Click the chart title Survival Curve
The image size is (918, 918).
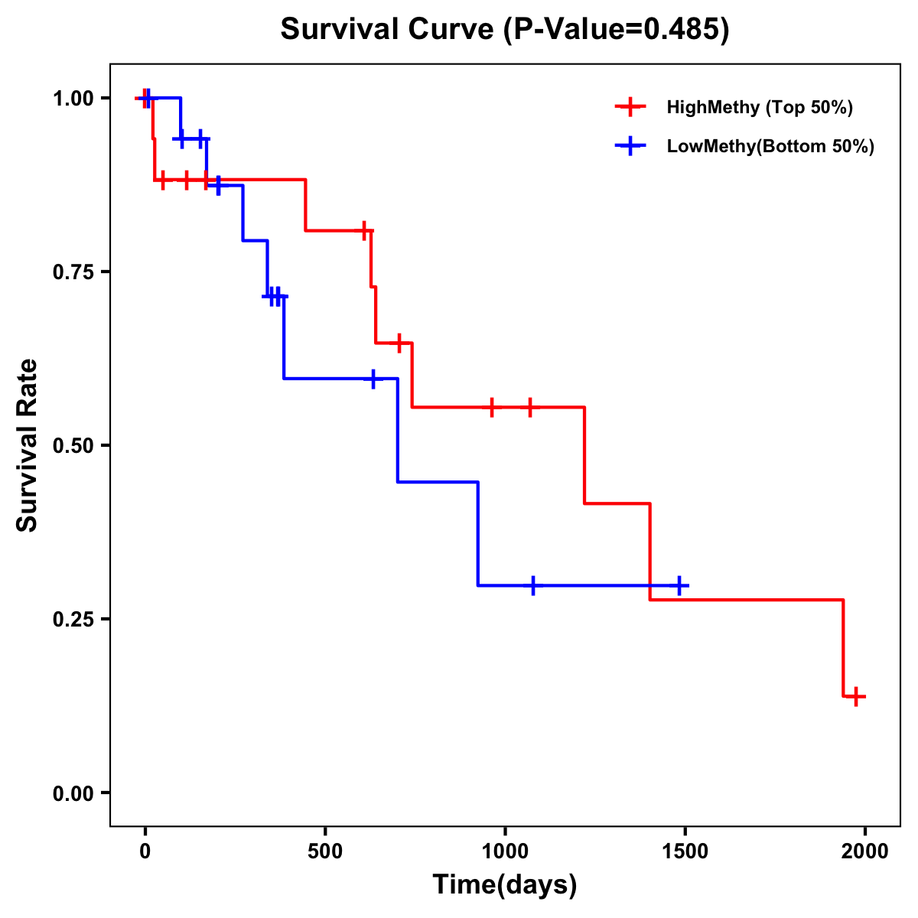(387, 30)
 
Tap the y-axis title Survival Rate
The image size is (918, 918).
(28, 445)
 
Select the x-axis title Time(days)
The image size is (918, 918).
(505, 884)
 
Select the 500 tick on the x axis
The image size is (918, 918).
(325, 851)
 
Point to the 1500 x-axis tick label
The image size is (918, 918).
(685, 851)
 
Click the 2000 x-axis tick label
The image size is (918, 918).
(864, 851)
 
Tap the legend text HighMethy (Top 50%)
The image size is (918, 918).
(760, 107)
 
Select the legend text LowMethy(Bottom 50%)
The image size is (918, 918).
(770, 146)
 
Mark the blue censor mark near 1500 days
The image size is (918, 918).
(679, 585)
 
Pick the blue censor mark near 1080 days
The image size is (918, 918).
(533, 585)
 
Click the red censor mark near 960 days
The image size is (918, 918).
(492, 407)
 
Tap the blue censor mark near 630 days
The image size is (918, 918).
(373, 379)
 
